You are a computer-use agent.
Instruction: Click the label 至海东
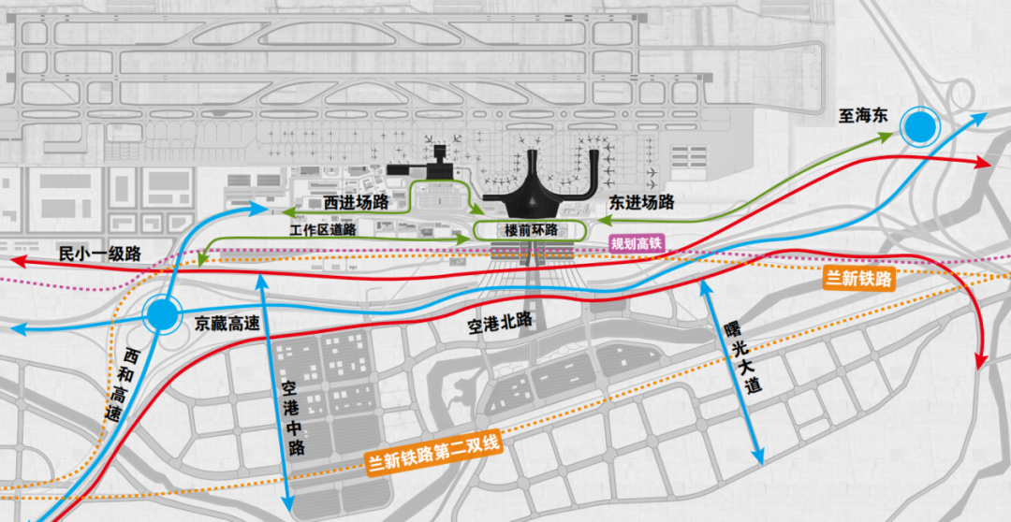861,117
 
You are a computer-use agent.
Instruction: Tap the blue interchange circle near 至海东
919,125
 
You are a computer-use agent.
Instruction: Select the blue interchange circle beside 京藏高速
162,315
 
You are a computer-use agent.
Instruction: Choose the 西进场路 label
356,202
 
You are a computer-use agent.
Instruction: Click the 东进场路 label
642,201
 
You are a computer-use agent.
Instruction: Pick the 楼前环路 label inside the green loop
531,229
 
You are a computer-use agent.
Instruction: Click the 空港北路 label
500,324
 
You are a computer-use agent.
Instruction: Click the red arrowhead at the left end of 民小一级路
18,261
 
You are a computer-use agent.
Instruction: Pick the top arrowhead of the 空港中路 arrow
262,273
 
